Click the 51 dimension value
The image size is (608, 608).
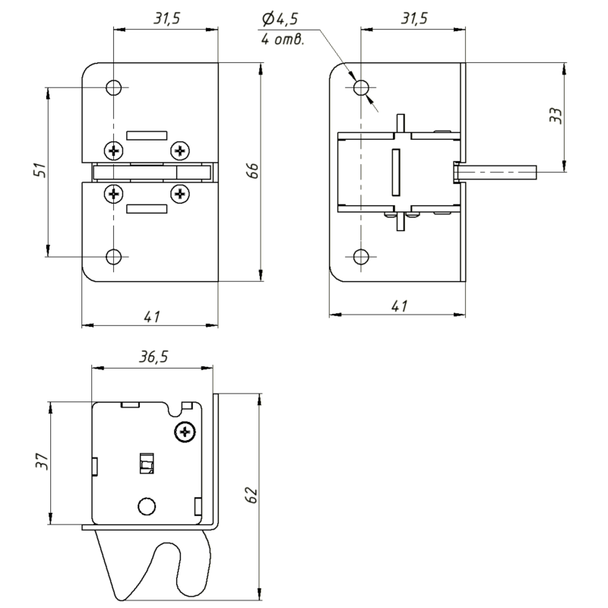tap(41, 170)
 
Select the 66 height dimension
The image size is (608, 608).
tap(252, 170)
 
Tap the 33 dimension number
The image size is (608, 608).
tap(556, 116)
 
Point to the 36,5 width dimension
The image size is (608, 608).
tap(154, 356)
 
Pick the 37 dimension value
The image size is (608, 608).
tap(43, 461)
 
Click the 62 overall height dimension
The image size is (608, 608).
tap(252, 495)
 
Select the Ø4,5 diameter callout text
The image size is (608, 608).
tap(280, 19)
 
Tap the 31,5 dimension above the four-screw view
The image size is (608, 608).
tap(166, 18)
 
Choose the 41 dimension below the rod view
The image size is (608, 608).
tap(400, 306)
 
